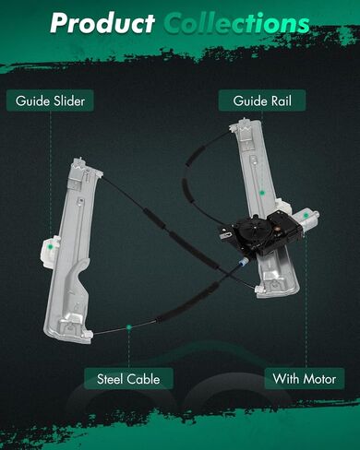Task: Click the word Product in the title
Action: pos(102,23)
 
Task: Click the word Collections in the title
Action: pos(236,23)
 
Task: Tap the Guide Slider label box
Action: pos(50,101)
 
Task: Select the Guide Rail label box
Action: pos(262,101)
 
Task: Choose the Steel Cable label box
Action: pos(128,379)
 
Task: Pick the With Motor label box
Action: pos(305,379)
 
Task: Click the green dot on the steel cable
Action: pos(129,327)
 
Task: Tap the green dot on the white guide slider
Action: pos(50,246)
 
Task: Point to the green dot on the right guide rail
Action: pos(262,193)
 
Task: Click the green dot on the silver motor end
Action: pos(306,216)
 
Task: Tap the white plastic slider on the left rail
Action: pos(49,251)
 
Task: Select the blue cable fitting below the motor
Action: pos(243,262)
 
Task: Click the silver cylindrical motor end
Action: pos(306,220)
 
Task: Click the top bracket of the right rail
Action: pos(246,126)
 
